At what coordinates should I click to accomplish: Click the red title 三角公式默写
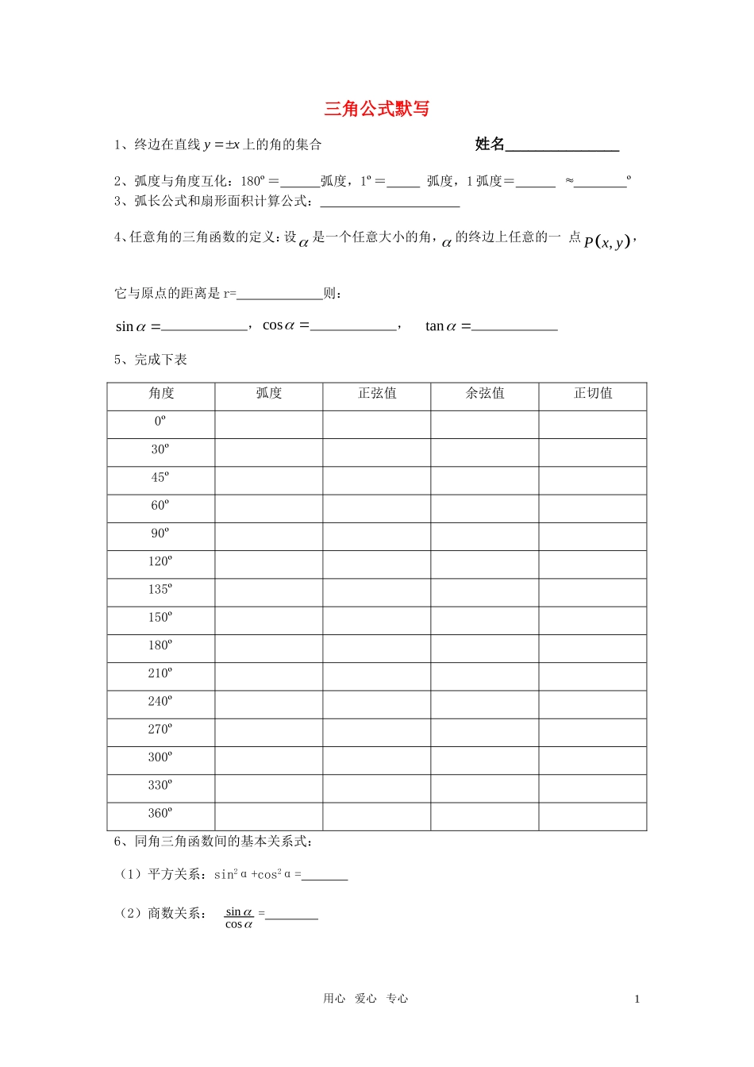tap(376, 109)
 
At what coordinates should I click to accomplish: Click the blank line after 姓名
tap(562, 145)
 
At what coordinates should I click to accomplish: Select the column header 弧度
tap(269, 394)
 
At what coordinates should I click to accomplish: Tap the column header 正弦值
tap(377, 394)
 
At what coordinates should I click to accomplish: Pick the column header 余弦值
tap(485, 394)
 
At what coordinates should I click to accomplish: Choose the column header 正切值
tap(593, 394)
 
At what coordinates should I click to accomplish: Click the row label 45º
tap(160, 478)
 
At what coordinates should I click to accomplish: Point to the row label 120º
tap(160, 562)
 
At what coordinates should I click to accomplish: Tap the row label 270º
tap(160, 730)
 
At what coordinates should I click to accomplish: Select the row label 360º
tap(160, 814)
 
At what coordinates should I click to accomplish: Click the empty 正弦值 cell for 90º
tap(377, 537)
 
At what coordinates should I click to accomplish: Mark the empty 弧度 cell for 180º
tap(269, 649)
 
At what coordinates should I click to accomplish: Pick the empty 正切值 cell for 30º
tap(593, 453)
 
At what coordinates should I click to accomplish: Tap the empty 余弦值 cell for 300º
tap(485, 761)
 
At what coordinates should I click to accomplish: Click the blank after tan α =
tap(514, 325)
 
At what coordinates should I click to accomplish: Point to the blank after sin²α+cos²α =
tap(325, 876)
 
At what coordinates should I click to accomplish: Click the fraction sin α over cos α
tap(239, 918)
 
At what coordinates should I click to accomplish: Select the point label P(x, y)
tap(607, 242)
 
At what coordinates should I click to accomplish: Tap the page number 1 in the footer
tap(637, 1000)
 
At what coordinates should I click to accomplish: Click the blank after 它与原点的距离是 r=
tap(279, 295)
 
